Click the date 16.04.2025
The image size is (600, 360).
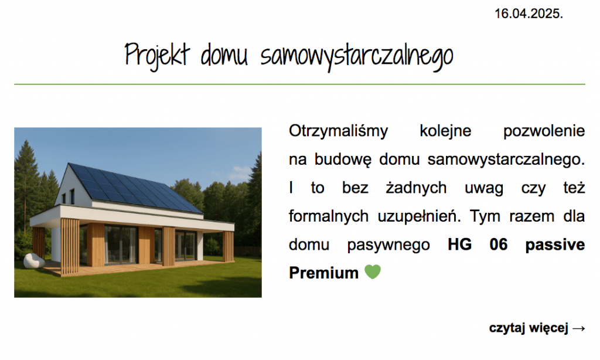click(x=529, y=14)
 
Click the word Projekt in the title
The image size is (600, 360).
click(x=157, y=56)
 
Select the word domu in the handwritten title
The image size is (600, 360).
click(x=224, y=55)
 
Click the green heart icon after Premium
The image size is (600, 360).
click(x=372, y=272)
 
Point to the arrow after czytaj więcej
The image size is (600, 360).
click(x=579, y=328)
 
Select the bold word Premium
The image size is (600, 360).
click(x=323, y=273)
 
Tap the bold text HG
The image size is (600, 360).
click(x=459, y=244)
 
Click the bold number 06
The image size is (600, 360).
click(x=499, y=244)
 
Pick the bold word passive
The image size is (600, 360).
click(x=555, y=244)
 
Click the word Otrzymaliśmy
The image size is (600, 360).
click(x=338, y=131)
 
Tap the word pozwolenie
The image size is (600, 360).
click(x=544, y=131)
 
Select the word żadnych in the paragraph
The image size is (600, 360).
click(x=416, y=188)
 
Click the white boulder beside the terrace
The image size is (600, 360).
click(x=33, y=261)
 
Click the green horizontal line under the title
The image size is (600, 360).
click(x=299, y=84)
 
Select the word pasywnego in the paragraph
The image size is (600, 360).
click(x=388, y=245)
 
